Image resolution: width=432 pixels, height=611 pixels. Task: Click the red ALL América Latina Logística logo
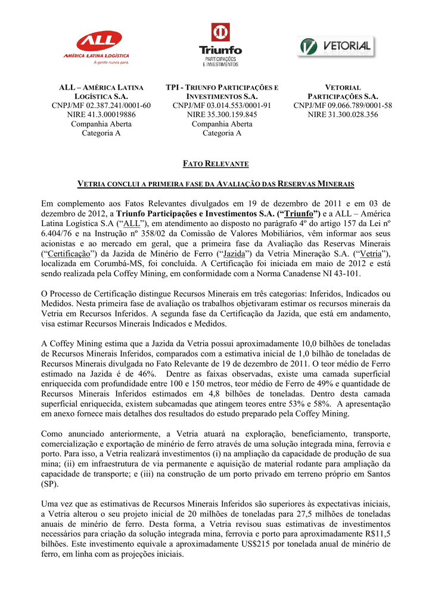[99, 45]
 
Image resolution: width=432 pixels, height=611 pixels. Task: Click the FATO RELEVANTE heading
[215, 163]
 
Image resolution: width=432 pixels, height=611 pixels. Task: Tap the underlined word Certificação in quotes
[66, 254]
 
